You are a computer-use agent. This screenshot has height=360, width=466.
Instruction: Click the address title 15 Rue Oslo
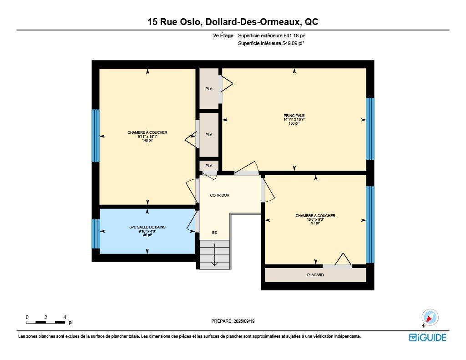click(x=233, y=22)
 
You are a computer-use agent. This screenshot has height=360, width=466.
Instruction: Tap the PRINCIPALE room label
click(x=294, y=116)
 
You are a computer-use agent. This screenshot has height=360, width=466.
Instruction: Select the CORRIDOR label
click(x=219, y=195)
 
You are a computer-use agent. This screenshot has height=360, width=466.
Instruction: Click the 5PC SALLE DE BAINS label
click(x=147, y=227)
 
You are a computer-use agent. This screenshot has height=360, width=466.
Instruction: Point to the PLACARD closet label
click(x=315, y=275)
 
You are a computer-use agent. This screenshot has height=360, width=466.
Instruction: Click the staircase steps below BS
click(x=214, y=254)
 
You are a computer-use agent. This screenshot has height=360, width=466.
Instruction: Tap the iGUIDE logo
click(x=427, y=337)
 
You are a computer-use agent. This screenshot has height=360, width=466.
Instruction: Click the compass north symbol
click(x=429, y=317)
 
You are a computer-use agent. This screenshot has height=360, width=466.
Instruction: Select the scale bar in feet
click(x=46, y=322)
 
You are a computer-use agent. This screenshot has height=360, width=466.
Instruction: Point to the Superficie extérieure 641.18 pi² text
click(x=275, y=35)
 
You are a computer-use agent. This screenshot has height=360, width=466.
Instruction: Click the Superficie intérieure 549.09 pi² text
click(x=271, y=43)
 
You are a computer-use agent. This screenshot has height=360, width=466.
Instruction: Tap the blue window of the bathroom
click(x=96, y=234)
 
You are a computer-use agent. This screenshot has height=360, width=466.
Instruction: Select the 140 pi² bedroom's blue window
click(x=96, y=135)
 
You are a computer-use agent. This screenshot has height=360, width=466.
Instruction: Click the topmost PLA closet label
click(x=209, y=89)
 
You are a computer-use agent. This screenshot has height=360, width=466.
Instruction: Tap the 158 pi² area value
click(x=294, y=123)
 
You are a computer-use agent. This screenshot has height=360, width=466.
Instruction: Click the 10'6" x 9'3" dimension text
click(x=315, y=220)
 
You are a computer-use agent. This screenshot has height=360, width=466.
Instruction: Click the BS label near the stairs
click(x=214, y=233)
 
